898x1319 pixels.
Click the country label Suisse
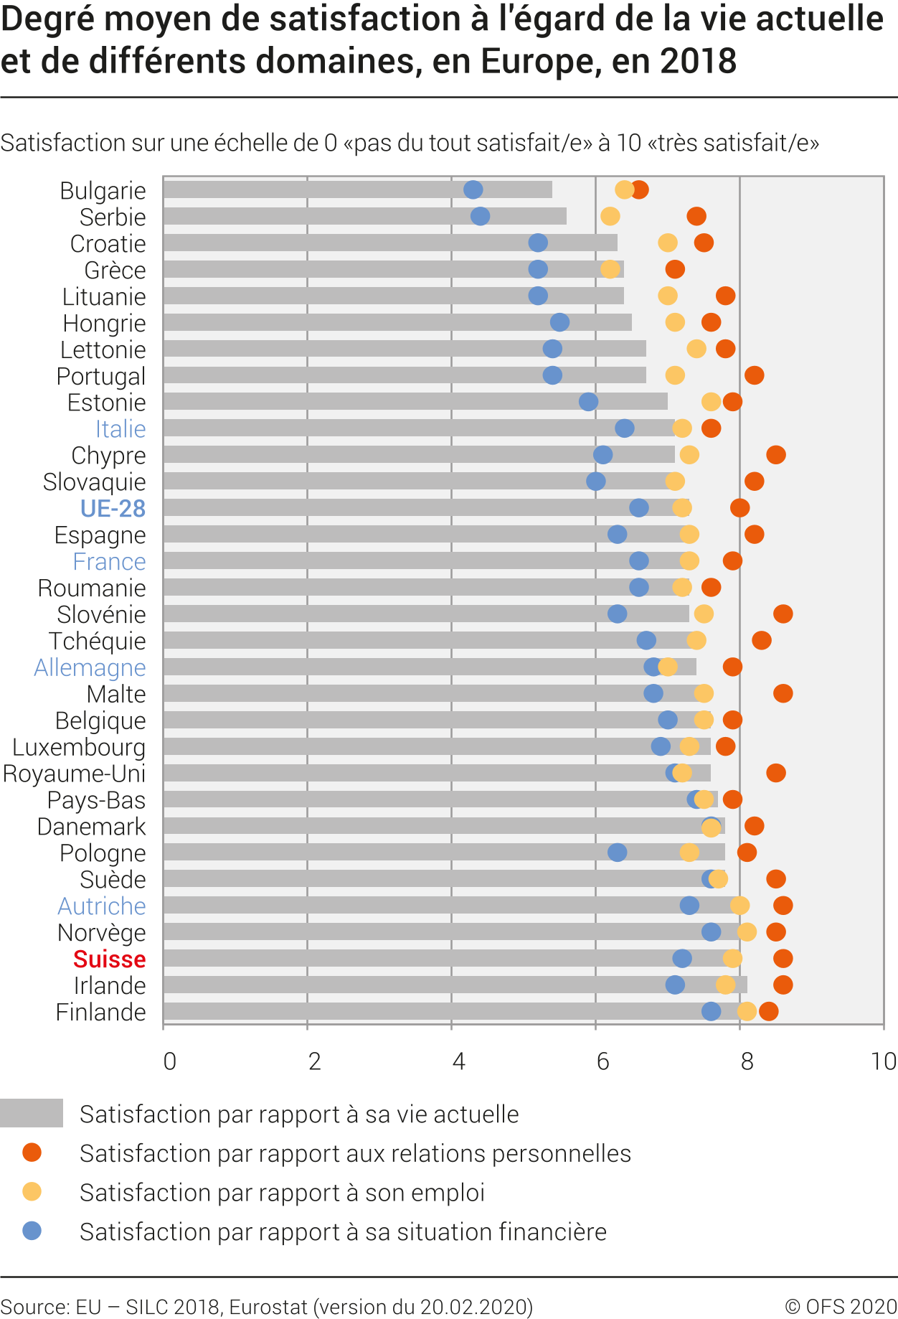click(109, 959)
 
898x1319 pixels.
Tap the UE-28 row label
click(113, 508)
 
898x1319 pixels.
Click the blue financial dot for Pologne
click(617, 853)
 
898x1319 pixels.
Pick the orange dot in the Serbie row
click(696, 216)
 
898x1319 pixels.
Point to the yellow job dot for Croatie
click(667, 243)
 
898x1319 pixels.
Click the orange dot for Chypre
click(775, 455)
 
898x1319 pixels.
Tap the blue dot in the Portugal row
click(552, 375)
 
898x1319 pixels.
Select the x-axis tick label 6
click(602, 1061)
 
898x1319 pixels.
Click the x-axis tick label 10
click(884, 1061)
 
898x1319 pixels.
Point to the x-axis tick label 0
click(169, 1061)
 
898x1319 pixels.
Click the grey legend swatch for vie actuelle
click(32, 1113)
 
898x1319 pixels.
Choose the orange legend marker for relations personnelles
click(32, 1153)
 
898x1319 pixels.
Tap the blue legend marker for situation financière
click(32, 1231)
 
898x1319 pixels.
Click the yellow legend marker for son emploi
click(32, 1192)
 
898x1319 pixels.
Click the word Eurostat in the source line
click(268, 1307)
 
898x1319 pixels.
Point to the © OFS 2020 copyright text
click(841, 1307)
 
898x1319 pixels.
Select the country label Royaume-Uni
click(74, 774)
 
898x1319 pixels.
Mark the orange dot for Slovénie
click(783, 614)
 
